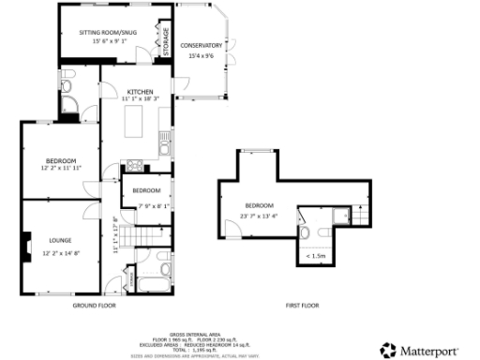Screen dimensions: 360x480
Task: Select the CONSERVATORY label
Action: [x=202, y=45]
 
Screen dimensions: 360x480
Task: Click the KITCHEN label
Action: [x=140, y=90]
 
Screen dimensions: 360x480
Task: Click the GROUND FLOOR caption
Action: [x=94, y=306]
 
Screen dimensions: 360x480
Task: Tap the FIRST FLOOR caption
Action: [x=302, y=306]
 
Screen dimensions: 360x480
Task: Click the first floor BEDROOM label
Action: [x=259, y=205]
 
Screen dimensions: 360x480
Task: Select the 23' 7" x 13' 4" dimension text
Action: [x=260, y=216]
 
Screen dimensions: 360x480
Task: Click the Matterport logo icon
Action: [x=387, y=347]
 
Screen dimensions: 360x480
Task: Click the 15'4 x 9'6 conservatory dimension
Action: [x=202, y=56]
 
